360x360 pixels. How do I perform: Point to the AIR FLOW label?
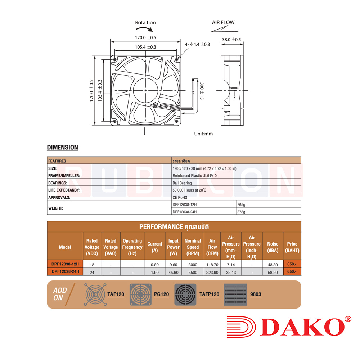(x=223, y=22)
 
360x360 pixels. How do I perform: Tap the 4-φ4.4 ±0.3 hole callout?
(x=197, y=44)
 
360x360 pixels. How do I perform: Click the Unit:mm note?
(x=203, y=134)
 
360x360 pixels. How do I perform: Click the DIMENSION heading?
(x=63, y=147)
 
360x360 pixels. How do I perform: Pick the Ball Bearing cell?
(x=182, y=183)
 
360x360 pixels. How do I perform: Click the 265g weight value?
(x=241, y=204)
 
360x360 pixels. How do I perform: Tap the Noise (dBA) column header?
(x=273, y=247)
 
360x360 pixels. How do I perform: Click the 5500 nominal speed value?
(x=193, y=273)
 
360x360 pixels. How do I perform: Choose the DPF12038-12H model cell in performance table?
(x=65, y=264)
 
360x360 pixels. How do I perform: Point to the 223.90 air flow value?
(x=212, y=273)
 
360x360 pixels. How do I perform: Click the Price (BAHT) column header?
(x=292, y=247)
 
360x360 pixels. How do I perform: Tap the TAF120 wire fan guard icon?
(x=95, y=294)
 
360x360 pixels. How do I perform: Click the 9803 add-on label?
(x=256, y=294)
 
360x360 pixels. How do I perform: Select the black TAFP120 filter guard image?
(x=185, y=294)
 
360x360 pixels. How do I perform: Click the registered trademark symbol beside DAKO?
(x=348, y=319)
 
